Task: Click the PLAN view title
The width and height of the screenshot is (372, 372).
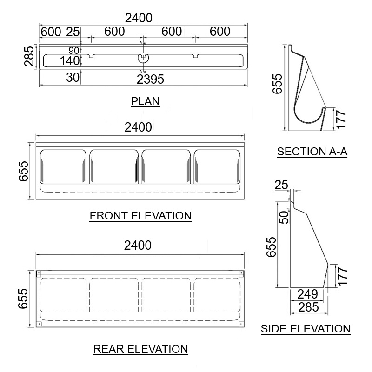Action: click(x=145, y=101)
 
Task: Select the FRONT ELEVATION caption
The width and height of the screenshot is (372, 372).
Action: click(x=140, y=216)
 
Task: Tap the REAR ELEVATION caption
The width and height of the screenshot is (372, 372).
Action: click(x=140, y=349)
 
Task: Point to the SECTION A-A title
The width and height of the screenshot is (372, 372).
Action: click(x=312, y=152)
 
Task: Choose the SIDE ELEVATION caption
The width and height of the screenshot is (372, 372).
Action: click(x=306, y=329)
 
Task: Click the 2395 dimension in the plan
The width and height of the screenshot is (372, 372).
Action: click(x=151, y=80)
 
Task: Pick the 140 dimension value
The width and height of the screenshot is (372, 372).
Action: click(x=70, y=60)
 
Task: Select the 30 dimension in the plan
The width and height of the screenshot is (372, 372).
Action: click(x=73, y=78)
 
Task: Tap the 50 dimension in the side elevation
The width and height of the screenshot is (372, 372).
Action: click(x=283, y=216)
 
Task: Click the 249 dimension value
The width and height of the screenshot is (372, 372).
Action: click(x=307, y=294)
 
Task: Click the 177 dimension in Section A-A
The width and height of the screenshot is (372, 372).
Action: click(x=342, y=119)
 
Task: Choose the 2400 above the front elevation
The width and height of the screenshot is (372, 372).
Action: click(x=138, y=127)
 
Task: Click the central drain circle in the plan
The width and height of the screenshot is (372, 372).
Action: click(x=143, y=58)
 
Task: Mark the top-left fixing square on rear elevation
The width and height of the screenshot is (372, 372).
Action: click(x=40, y=273)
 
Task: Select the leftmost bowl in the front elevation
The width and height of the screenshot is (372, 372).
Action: click(x=63, y=166)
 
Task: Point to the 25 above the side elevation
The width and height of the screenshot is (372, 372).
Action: click(x=282, y=185)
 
